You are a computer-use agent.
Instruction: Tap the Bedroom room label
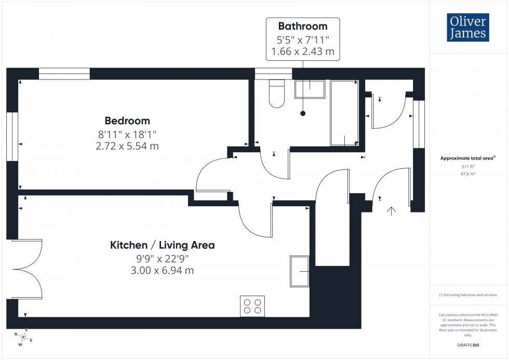click(127, 121)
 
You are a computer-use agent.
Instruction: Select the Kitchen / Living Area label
click(162, 245)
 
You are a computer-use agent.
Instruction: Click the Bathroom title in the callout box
click(302, 26)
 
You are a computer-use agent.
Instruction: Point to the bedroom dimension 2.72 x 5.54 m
click(127, 146)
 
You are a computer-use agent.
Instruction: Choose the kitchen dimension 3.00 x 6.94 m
click(162, 271)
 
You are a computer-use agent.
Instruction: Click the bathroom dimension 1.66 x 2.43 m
click(302, 52)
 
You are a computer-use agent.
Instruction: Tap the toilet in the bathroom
click(277, 94)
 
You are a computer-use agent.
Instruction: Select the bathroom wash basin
click(310, 89)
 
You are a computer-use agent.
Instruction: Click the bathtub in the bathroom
click(344, 113)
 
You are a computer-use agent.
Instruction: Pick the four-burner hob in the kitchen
click(252, 306)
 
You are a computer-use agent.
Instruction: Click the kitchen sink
click(300, 271)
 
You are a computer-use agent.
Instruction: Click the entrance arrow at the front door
click(391, 210)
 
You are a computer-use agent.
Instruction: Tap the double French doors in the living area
click(26, 269)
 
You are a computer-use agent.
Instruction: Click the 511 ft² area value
click(468, 167)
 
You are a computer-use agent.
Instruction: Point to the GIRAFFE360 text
click(468, 344)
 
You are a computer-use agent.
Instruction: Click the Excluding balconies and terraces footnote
click(468, 295)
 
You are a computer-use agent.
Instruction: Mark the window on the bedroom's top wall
click(64, 74)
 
